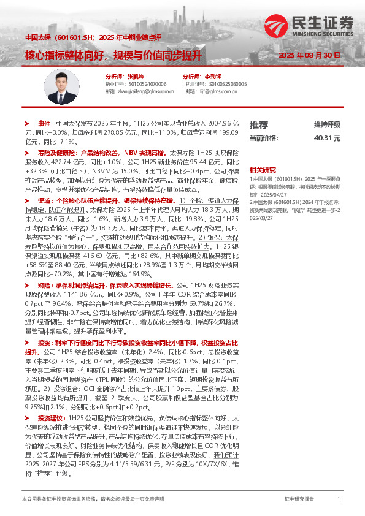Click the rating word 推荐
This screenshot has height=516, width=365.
(x=259, y=124)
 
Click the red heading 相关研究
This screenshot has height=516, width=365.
(x=261, y=169)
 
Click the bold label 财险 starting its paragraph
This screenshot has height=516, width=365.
(x=44, y=286)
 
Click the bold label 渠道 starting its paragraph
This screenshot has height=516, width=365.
(x=44, y=200)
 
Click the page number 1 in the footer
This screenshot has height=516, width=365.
(x=339, y=500)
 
